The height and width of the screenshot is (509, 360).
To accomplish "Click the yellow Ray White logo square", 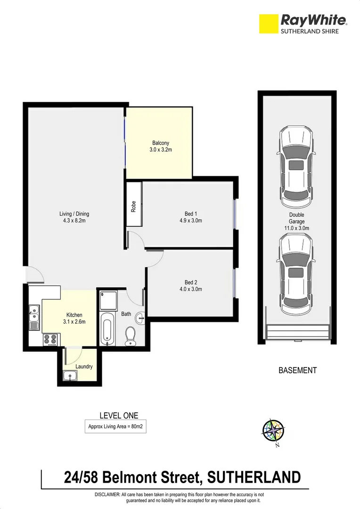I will pos(269,24).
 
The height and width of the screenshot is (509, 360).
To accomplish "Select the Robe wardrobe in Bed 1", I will pos(134,206).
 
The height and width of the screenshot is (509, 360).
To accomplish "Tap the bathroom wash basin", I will pos(140,319).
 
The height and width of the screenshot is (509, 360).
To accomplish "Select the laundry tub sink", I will pos(70,376).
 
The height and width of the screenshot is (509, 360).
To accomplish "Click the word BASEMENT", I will pos(297,370).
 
